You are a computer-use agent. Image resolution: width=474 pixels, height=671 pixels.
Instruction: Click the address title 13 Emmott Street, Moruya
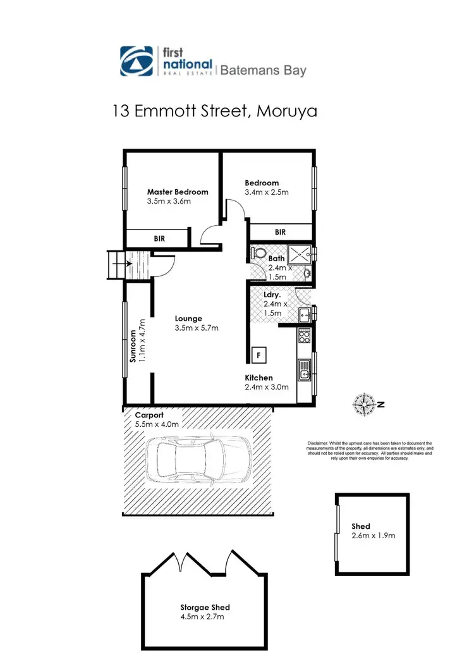[x=214, y=111]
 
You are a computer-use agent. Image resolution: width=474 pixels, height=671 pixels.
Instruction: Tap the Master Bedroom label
[x=178, y=192]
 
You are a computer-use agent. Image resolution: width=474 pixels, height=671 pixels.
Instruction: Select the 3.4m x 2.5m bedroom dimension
[x=267, y=192]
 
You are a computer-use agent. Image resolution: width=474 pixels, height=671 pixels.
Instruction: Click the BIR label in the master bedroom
[x=160, y=238]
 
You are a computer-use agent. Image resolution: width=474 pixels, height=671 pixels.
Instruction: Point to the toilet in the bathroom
[x=258, y=254]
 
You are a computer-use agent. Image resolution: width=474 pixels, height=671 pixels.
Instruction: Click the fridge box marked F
[x=258, y=355]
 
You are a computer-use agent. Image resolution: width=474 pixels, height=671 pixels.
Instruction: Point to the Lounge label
[x=188, y=319]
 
